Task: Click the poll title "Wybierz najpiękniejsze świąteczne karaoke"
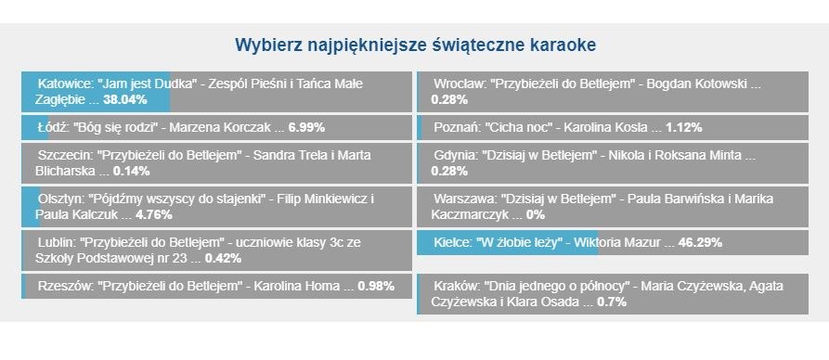tap(414, 45)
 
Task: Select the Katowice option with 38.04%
tap(216, 91)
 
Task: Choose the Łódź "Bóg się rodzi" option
tap(216, 127)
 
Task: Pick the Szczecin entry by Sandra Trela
tap(216, 163)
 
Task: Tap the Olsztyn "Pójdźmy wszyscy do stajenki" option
tap(216, 207)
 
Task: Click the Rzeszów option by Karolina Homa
tap(216, 286)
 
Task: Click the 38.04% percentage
tap(125, 99)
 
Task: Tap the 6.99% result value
tap(306, 127)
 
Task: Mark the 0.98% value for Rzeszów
tap(376, 286)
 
